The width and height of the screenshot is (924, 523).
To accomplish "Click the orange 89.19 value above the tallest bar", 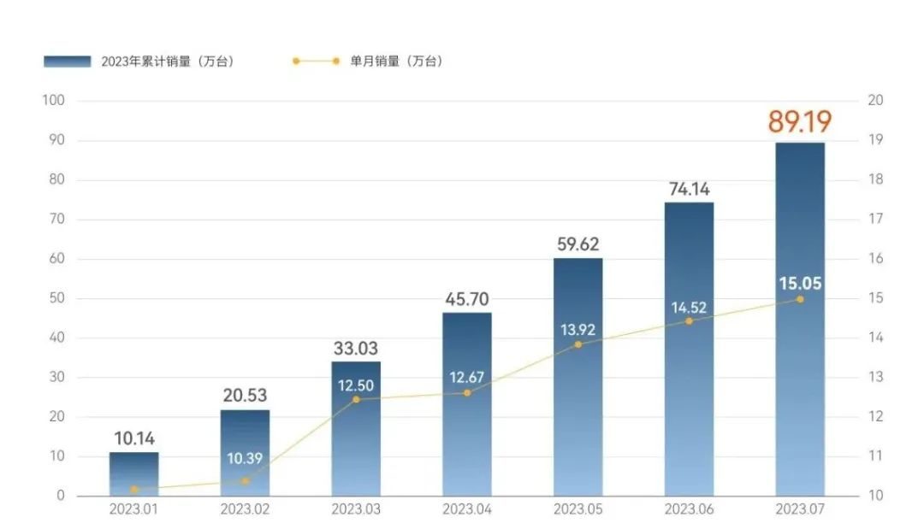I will [x=799, y=121].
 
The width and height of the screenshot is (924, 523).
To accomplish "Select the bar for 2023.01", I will [x=133, y=474].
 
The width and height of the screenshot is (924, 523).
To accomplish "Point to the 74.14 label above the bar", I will [x=689, y=190].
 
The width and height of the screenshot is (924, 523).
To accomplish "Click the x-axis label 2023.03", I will [x=355, y=509].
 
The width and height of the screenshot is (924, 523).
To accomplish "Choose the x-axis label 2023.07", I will [x=800, y=509].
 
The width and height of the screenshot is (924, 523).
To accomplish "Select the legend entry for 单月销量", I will [x=367, y=62].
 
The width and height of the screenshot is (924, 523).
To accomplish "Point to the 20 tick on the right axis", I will [x=875, y=101].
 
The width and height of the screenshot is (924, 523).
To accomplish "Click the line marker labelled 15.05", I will [x=800, y=299].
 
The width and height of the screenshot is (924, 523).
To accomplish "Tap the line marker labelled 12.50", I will [x=356, y=399].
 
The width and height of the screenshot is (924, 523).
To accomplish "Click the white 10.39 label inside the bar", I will [x=245, y=458].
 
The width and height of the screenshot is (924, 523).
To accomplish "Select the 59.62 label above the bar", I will [x=577, y=245].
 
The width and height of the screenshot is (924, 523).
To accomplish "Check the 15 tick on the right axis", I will [x=875, y=298].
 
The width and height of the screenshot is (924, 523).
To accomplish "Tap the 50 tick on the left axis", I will [x=56, y=298].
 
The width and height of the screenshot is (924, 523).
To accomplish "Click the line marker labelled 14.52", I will [x=689, y=320].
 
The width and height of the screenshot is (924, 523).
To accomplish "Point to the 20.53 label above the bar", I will [x=245, y=396].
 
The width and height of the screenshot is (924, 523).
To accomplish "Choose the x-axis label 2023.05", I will [x=577, y=509].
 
